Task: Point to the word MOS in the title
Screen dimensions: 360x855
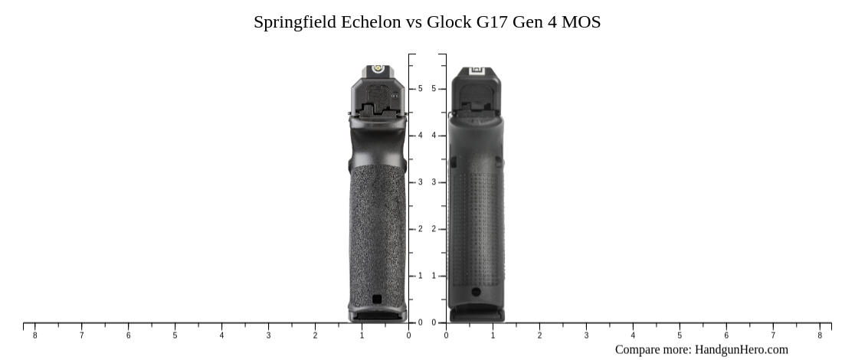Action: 581,22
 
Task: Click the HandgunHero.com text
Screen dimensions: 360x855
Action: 741,350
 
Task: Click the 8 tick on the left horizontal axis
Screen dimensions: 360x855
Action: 34,335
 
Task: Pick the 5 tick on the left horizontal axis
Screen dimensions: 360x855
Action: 175,335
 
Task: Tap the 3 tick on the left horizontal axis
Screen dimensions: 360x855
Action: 268,335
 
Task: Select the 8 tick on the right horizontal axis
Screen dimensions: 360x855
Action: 820,335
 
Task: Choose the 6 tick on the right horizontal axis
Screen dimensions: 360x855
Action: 726,335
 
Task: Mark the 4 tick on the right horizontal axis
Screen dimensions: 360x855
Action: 633,335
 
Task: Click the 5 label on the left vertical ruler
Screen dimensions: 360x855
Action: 420,89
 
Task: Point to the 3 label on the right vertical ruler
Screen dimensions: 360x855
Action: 434,182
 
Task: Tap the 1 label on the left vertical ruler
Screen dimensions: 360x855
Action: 420,276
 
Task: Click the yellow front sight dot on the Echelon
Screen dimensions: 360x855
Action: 376,69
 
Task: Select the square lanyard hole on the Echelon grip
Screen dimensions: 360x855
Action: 376,299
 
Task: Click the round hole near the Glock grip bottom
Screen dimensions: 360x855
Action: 476,292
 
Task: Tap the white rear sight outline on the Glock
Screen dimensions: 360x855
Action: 477,70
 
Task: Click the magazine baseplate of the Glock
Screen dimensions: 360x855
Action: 477,314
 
